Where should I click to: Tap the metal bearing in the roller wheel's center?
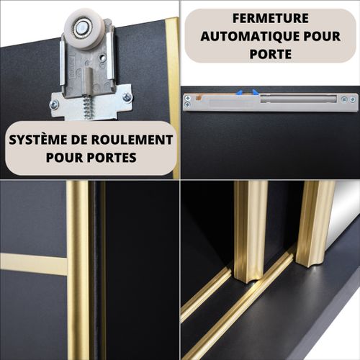click(x=84, y=31)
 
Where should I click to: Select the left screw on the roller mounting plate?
click(x=54, y=104)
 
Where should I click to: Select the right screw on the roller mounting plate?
click(x=127, y=97)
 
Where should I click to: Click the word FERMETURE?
click(x=271, y=18)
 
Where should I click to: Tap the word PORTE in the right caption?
click(x=271, y=53)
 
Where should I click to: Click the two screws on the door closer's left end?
click(x=188, y=102)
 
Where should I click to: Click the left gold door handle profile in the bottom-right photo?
click(x=249, y=230)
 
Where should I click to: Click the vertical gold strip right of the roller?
click(x=172, y=86)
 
